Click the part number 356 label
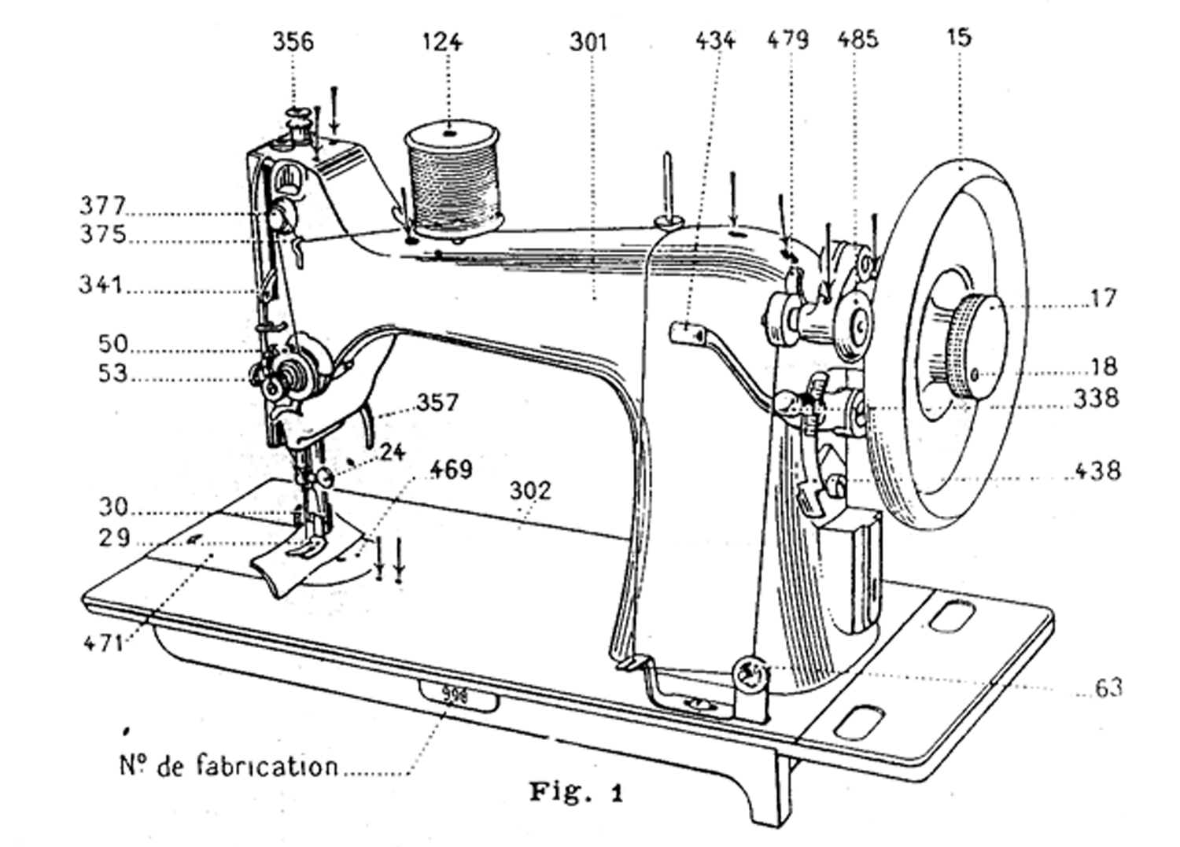point(293,41)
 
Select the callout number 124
point(441,42)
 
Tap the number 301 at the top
point(588,42)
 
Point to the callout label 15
point(958,37)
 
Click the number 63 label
point(1108,687)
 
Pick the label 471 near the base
point(104,643)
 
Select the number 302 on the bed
point(530,491)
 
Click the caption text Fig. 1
point(576,791)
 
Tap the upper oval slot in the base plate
point(951,615)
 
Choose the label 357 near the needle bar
point(437,403)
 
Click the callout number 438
point(1097,470)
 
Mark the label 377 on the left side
point(102,206)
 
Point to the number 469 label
point(451,470)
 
